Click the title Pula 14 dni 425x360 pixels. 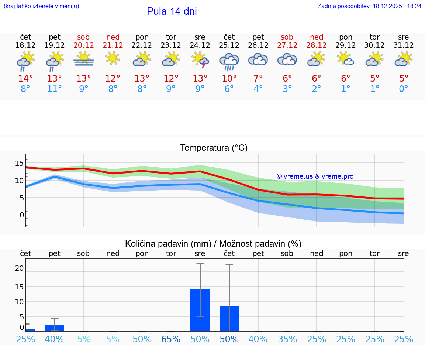pos(172,11)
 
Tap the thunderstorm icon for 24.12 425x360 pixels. pos(200,59)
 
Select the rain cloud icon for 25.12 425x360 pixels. pos(229,61)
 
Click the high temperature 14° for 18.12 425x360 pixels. pos(25,79)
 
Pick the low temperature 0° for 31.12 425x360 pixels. pos(404,89)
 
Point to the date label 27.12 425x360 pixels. pos(287,45)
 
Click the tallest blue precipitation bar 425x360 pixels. pos(200,310)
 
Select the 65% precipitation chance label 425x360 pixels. pos(171,339)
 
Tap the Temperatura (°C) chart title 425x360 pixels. pos(214,148)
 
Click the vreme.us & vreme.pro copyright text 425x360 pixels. pos(315,176)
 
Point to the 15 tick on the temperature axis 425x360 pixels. pos(19,164)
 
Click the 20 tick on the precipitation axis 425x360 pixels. pos(19,268)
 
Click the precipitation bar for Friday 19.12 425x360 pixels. pos(55,328)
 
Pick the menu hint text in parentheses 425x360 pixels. pos(41,6)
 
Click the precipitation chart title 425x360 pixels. pos(213,244)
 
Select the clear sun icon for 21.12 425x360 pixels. pos(113,58)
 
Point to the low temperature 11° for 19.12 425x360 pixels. pos(54,89)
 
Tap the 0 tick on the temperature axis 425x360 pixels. pos(22,215)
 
